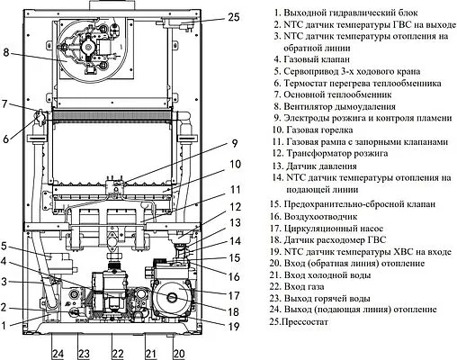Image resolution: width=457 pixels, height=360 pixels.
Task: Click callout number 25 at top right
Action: [x=233, y=17]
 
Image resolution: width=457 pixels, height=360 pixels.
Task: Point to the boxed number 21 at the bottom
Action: [x=150, y=352]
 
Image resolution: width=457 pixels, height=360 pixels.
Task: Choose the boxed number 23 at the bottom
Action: [x=83, y=352]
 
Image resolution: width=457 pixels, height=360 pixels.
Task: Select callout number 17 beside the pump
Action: [x=234, y=294]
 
